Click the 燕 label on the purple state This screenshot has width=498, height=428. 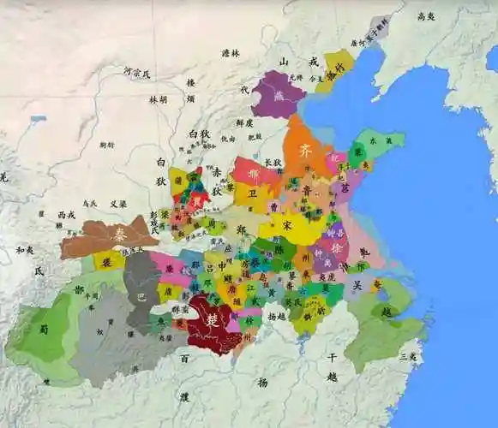pyautogui.click(x=279, y=95)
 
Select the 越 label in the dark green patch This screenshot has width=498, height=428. pyautogui.click(x=387, y=312)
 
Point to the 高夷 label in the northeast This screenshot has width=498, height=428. pyautogui.click(x=426, y=16)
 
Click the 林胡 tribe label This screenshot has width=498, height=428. pyautogui.click(x=159, y=99)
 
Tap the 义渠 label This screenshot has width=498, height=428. pyautogui.click(x=118, y=204)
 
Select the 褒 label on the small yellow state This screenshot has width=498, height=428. pyautogui.click(x=107, y=261)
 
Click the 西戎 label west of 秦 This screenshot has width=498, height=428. pyautogui.click(x=67, y=215)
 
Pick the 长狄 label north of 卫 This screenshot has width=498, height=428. pyautogui.click(x=273, y=163)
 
